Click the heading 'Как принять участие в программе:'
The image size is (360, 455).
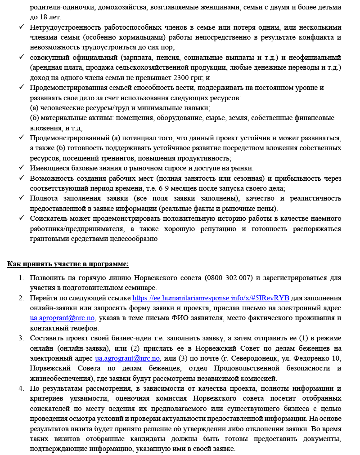[68, 263]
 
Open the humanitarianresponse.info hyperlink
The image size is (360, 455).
[211, 298]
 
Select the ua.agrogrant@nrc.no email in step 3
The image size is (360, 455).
[128, 358]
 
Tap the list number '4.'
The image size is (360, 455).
[21, 388]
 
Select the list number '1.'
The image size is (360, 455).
[21, 277]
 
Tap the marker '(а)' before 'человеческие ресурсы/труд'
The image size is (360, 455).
[34, 108]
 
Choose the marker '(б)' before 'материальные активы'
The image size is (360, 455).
[34, 118]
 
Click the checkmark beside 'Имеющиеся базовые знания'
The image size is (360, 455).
[21, 168]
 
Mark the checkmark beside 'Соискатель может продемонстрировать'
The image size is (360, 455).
[21, 219]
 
